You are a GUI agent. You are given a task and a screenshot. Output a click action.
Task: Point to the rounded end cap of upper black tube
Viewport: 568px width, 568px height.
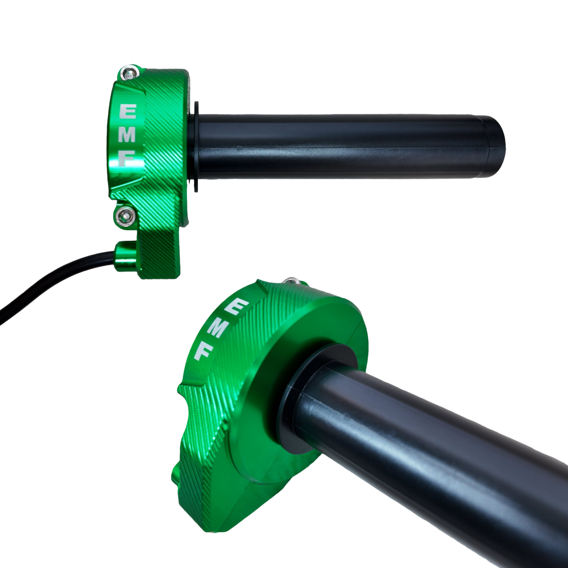point(497,146)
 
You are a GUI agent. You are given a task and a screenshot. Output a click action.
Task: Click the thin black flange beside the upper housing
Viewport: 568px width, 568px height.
point(196,146)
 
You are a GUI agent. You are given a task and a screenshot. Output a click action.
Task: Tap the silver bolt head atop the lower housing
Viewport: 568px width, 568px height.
point(293,280)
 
